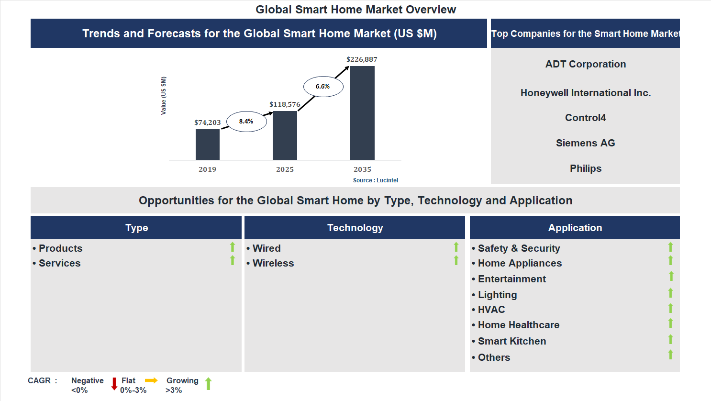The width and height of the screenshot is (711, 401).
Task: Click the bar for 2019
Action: [x=208, y=145]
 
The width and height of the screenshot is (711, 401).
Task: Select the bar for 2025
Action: [x=285, y=135]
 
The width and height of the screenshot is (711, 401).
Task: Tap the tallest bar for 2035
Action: [x=362, y=113]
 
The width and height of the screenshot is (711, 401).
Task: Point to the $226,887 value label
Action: [x=362, y=59]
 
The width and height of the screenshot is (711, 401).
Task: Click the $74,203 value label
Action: [x=207, y=123]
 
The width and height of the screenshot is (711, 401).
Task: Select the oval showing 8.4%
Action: [x=246, y=122]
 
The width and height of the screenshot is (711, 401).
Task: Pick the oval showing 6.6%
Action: [x=323, y=87]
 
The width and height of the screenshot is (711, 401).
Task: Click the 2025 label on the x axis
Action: [x=285, y=169]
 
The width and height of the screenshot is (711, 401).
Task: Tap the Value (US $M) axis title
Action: [x=164, y=96]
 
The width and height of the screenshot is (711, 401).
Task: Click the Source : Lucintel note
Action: [x=375, y=180]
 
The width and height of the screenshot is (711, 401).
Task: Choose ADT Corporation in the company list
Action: [x=585, y=64]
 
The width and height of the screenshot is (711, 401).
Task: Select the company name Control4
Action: [x=585, y=118]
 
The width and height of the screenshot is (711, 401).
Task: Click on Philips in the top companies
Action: [x=585, y=168]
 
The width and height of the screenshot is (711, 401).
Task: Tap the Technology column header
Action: [x=355, y=228]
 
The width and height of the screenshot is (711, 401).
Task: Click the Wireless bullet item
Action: [x=273, y=263]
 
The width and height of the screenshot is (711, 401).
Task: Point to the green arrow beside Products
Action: [x=233, y=247]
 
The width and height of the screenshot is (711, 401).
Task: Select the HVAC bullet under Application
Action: [x=491, y=310]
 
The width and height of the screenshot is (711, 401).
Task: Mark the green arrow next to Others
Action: [x=670, y=355]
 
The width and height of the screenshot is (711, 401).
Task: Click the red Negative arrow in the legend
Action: [x=114, y=384]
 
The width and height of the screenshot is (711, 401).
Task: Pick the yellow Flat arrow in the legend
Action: [x=151, y=380]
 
